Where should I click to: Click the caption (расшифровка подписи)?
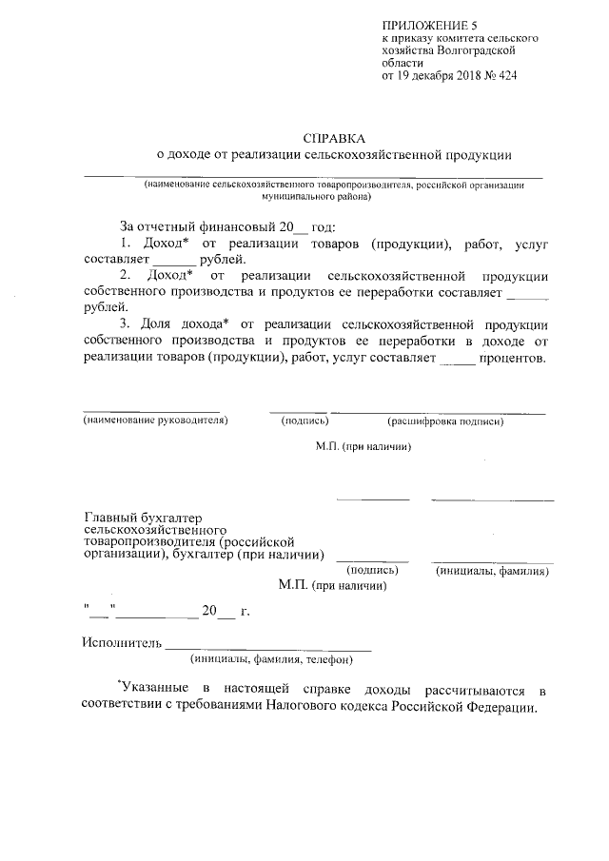[444, 420]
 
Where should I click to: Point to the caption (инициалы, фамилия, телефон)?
[271, 658]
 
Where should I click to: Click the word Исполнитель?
[123, 642]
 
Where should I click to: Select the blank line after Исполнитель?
[268, 646]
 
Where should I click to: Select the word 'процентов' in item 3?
[513, 359]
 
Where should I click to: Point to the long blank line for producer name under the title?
[313, 177]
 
